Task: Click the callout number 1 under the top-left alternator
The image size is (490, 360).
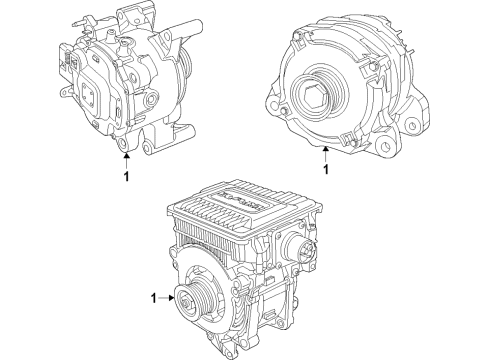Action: pyautogui.click(x=124, y=177)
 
